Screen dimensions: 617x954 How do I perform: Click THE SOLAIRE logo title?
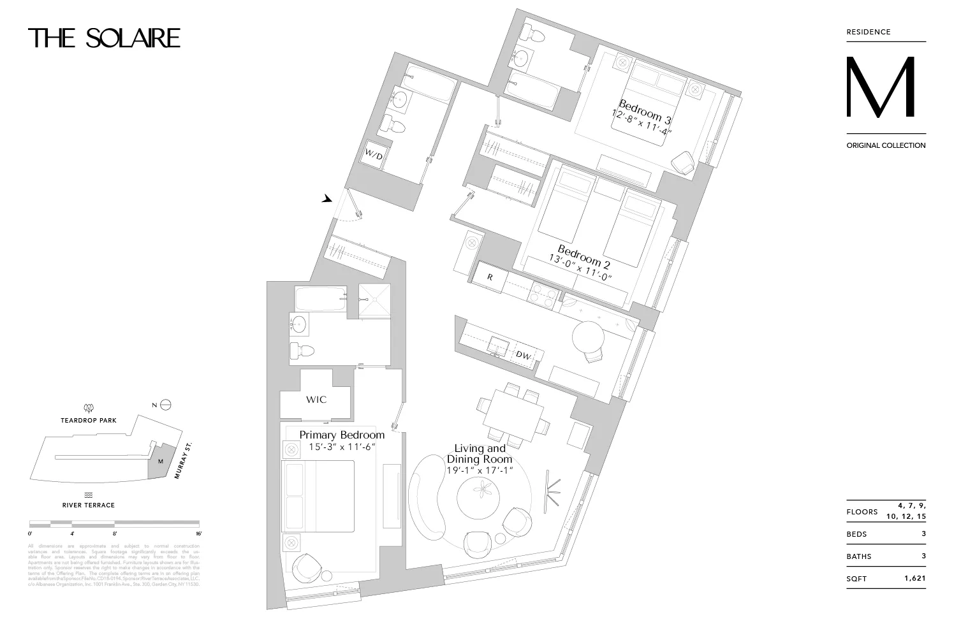point(104,38)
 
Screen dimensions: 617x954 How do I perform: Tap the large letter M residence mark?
point(881,88)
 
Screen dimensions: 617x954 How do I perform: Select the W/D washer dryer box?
point(372,154)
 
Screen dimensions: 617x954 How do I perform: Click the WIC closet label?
point(316,400)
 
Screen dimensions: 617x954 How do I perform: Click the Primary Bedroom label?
point(342,435)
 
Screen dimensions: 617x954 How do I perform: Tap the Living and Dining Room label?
point(480,454)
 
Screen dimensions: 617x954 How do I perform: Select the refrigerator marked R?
point(490,277)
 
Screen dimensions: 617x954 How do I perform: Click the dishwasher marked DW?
point(523,355)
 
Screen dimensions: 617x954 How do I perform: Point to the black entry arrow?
point(327,199)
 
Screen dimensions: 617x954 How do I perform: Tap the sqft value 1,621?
point(914,579)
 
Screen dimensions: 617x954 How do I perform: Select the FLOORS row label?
point(862,512)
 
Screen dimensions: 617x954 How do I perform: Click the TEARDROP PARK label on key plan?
point(89,421)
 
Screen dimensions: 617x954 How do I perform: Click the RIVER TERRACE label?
point(89,505)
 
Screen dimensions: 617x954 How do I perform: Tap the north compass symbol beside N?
point(166,405)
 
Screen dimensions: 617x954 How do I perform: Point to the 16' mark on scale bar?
point(198,534)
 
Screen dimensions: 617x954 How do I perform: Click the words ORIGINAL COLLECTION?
point(886,145)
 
